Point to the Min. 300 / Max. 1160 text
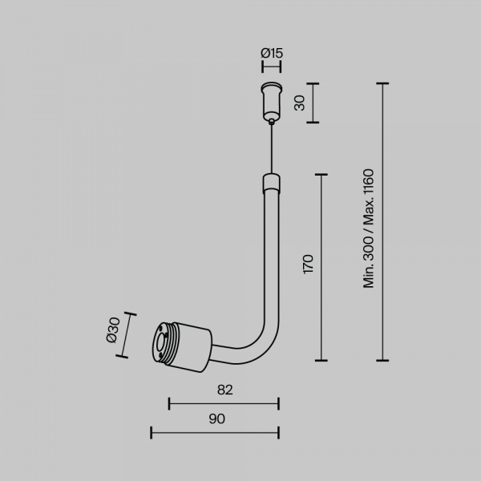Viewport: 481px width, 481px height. coord(369,228)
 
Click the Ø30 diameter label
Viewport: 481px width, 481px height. coord(112,332)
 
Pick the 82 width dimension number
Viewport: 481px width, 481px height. coord(224,390)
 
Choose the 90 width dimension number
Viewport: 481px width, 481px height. coord(216,418)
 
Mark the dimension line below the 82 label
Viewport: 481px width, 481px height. coord(224,403)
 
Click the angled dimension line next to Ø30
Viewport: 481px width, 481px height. coord(128,334)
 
